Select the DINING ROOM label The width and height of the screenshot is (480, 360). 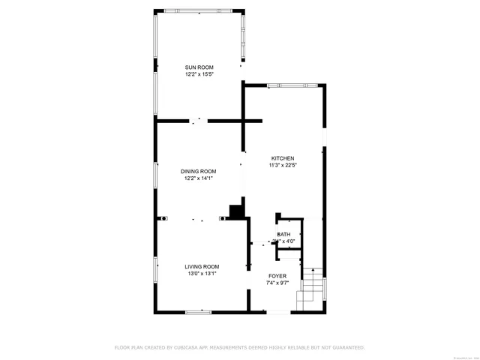(198, 172)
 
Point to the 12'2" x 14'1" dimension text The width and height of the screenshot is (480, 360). (198, 178)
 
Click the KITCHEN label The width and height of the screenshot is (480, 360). (283, 158)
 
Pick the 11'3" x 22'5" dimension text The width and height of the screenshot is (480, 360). (283, 165)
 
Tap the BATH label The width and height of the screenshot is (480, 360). (283, 235)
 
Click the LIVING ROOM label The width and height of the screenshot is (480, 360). (202, 266)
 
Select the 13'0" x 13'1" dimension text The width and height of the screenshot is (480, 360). (202, 274)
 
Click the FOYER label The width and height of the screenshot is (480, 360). (277, 276)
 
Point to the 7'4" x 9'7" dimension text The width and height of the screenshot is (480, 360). (277, 283)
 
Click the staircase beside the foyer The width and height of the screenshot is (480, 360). (310, 286)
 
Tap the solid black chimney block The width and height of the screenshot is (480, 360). (237, 211)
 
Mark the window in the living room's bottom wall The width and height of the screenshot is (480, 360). (199, 311)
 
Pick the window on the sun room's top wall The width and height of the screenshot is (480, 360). (198, 10)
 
